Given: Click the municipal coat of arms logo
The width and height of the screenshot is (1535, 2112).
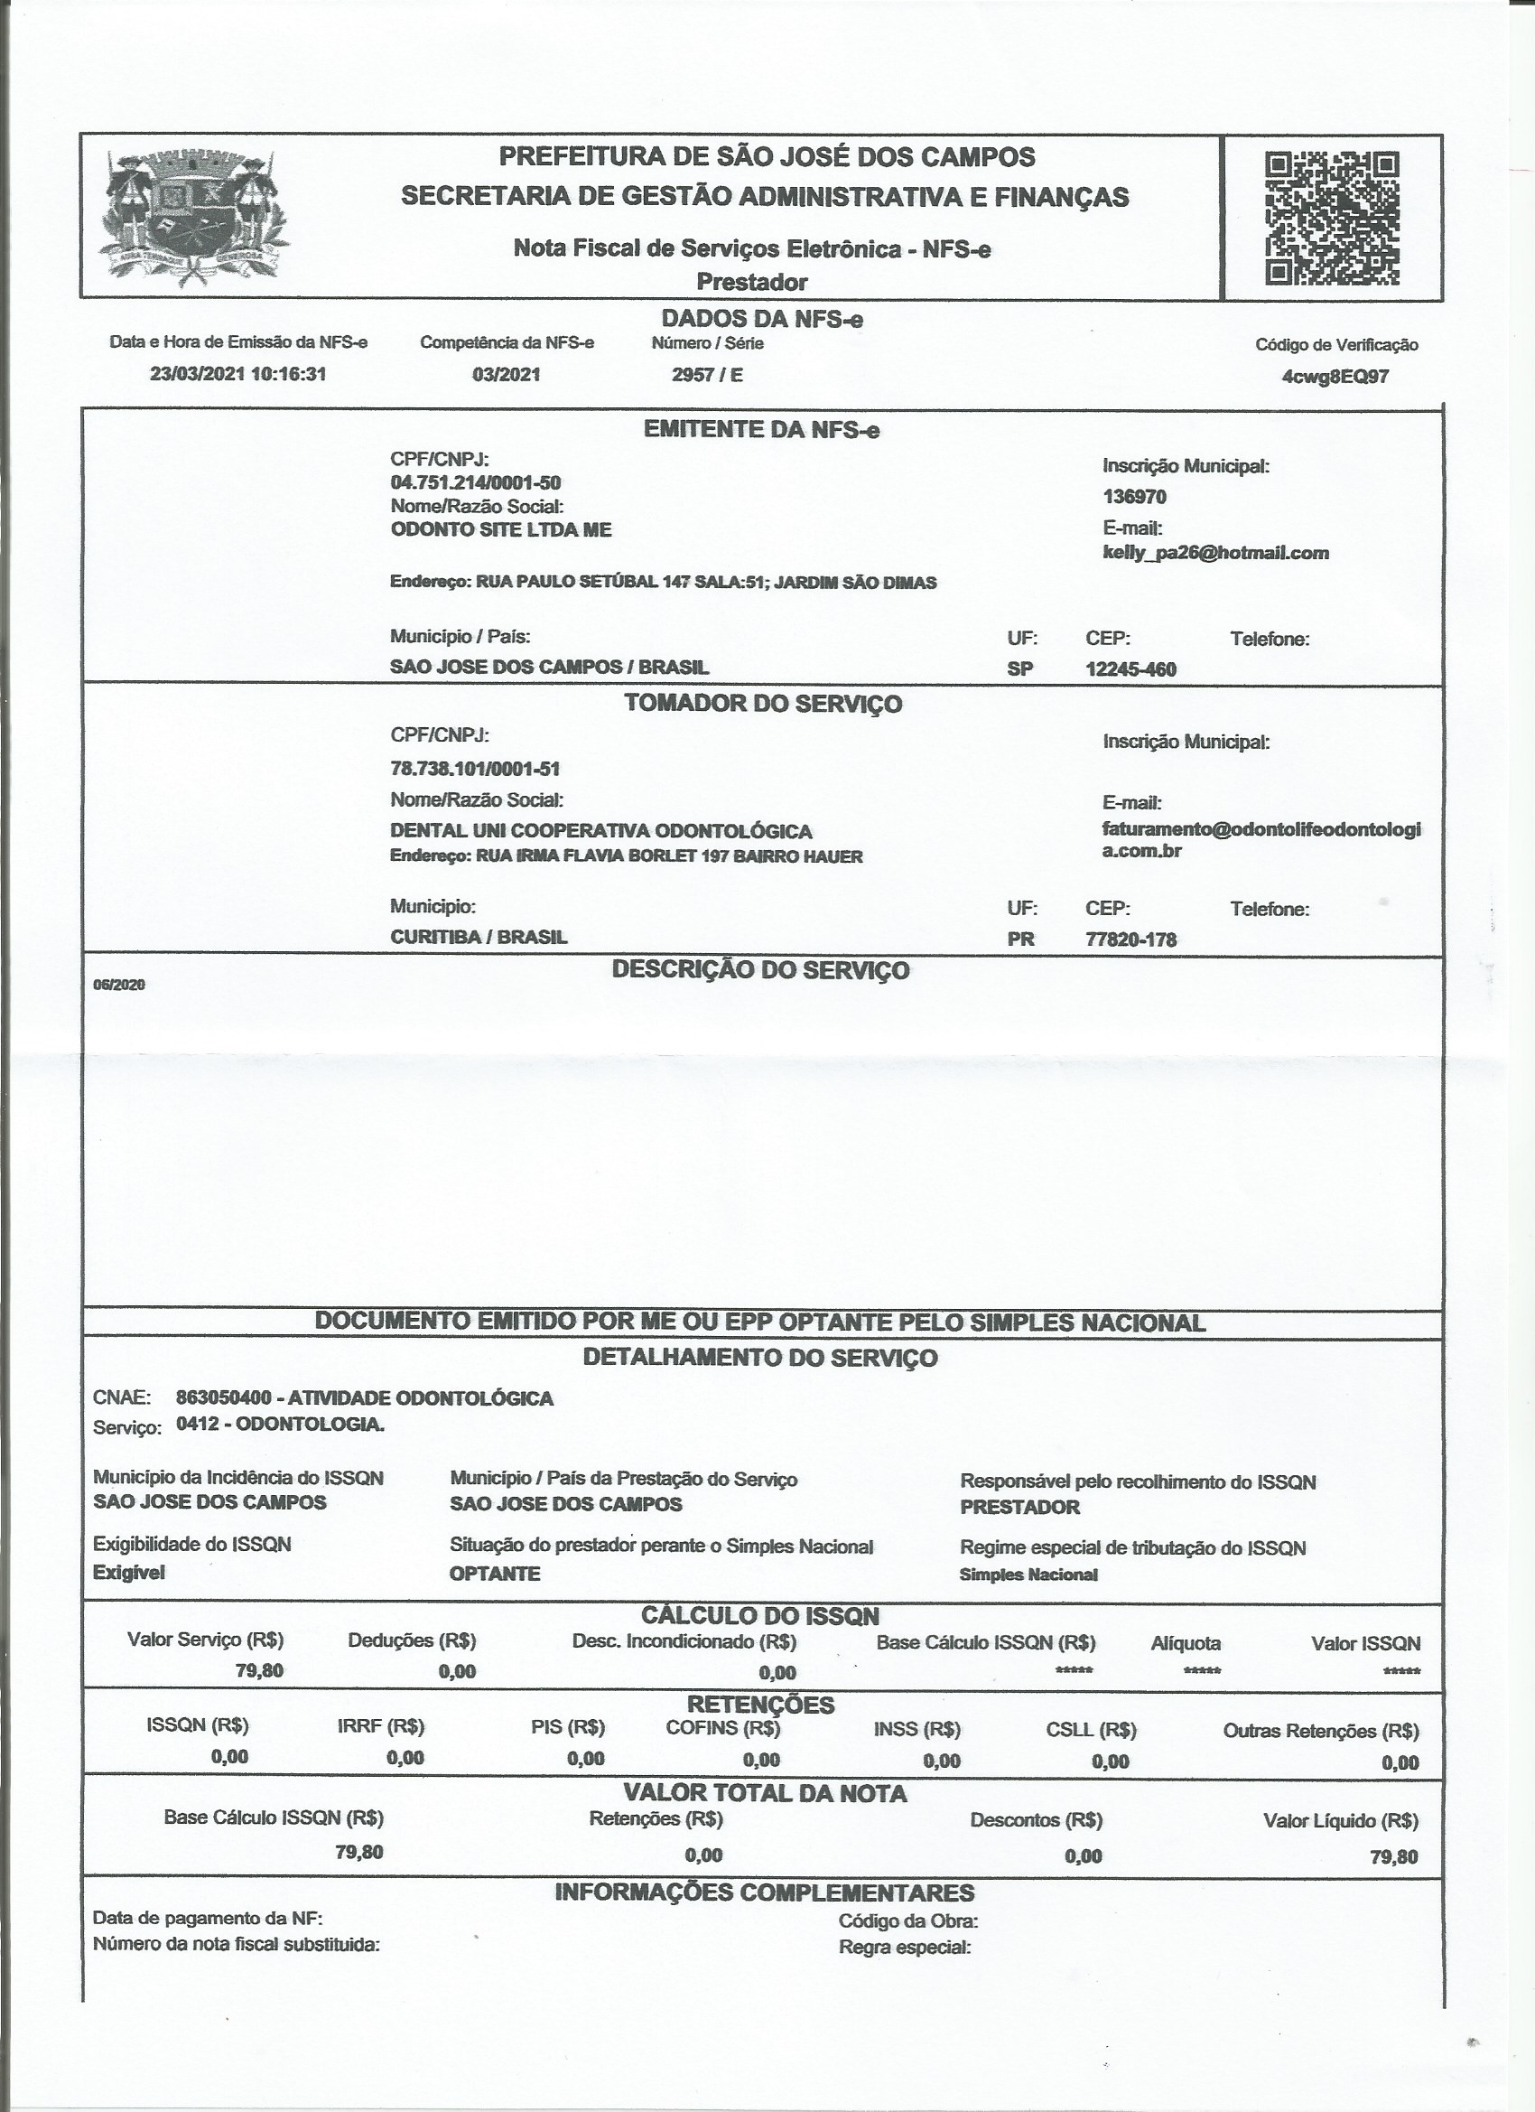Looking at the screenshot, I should click(192, 217).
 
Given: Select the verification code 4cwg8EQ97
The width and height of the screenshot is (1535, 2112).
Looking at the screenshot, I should click(1335, 378).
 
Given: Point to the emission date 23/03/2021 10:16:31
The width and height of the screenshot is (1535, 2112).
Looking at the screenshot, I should click(238, 374).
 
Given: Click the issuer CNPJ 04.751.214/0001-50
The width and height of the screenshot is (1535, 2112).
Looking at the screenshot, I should click(476, 482).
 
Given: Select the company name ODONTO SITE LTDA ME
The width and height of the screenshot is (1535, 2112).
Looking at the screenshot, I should click(501, 530).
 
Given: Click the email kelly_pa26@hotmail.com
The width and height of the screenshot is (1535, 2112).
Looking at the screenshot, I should click(1215, 553).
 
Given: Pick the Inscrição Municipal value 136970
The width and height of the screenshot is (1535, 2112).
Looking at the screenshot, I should click(1134, 496).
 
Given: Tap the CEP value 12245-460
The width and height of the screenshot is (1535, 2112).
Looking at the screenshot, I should click(1131, 669).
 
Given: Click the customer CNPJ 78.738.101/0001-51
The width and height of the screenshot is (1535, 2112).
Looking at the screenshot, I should click(475, 768).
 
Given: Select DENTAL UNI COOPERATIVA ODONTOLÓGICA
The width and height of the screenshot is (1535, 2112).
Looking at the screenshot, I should click(601, 831).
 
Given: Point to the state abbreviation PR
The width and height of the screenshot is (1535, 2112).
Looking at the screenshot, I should click(1020, 939).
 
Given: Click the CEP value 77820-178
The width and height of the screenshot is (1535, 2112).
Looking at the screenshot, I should click(1131, 939).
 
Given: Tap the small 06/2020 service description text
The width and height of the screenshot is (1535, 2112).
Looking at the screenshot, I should click(119, 985).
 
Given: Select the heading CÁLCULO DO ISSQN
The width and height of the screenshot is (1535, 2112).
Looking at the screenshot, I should click(760, 1616).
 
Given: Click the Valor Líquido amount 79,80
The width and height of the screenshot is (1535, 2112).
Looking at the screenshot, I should click(1393, 1857).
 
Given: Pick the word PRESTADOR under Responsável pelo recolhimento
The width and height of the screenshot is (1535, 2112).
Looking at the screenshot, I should click(1020, 1507).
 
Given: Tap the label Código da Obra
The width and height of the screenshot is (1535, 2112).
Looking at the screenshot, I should click(907, 1920).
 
